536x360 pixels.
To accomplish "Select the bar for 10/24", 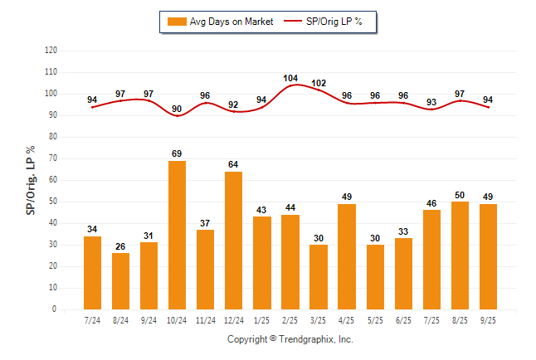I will (177, 235).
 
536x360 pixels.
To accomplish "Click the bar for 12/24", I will (233, 241).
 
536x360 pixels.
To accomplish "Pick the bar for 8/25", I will (459, 255).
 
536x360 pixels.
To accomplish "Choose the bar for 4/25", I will (346, 256).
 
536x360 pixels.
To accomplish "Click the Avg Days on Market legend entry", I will (221, 22).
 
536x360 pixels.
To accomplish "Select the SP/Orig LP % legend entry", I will (324, 22).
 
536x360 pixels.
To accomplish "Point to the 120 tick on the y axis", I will (51, 51).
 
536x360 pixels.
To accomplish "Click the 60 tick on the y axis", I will (52, 180).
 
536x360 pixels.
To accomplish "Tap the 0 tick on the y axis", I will (55, 309).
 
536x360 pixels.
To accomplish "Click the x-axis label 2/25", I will (290, 319).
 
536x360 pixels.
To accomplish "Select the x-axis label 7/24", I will (92, 319).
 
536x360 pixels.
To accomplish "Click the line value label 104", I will (290, 78).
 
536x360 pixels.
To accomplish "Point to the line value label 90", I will (177, 109).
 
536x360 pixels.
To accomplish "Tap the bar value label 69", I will (177, 153).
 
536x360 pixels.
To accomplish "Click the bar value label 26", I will (120, 246).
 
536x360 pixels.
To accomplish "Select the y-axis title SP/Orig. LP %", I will (31, 180).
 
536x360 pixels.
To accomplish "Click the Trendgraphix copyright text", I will (290, 339).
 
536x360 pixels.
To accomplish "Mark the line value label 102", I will (318, 83).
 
